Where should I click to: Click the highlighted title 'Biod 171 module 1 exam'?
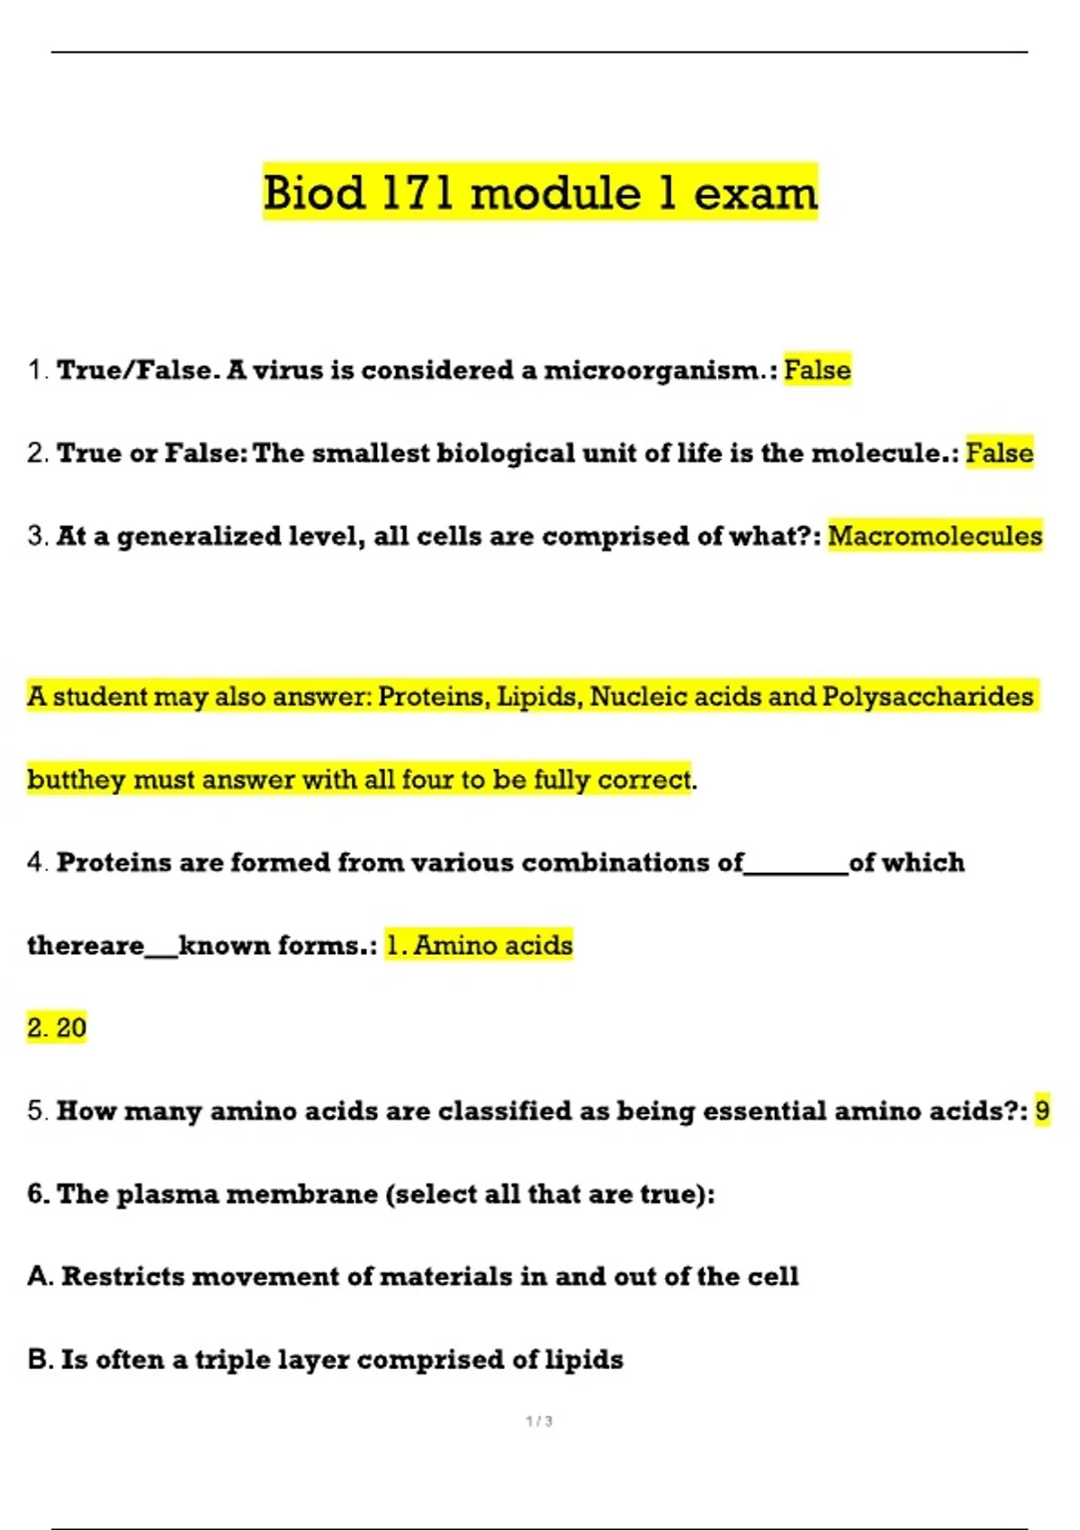coord(540,193)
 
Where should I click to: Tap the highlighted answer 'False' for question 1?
coord(817,370)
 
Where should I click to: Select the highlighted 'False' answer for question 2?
coord(999,453)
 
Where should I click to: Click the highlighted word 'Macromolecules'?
coord(935,536)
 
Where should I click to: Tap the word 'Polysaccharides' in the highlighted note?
coord(928,697)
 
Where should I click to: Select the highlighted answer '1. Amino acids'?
coord(479,945)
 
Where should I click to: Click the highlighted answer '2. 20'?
coord(57,1028)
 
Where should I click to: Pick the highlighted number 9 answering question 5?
coord(1042,1111)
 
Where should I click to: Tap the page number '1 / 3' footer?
coord(539,1421)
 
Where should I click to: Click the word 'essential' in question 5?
coord(764,1111)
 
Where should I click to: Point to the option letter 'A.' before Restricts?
coord(40,1276)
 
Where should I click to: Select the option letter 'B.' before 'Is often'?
coord(40,1359)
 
